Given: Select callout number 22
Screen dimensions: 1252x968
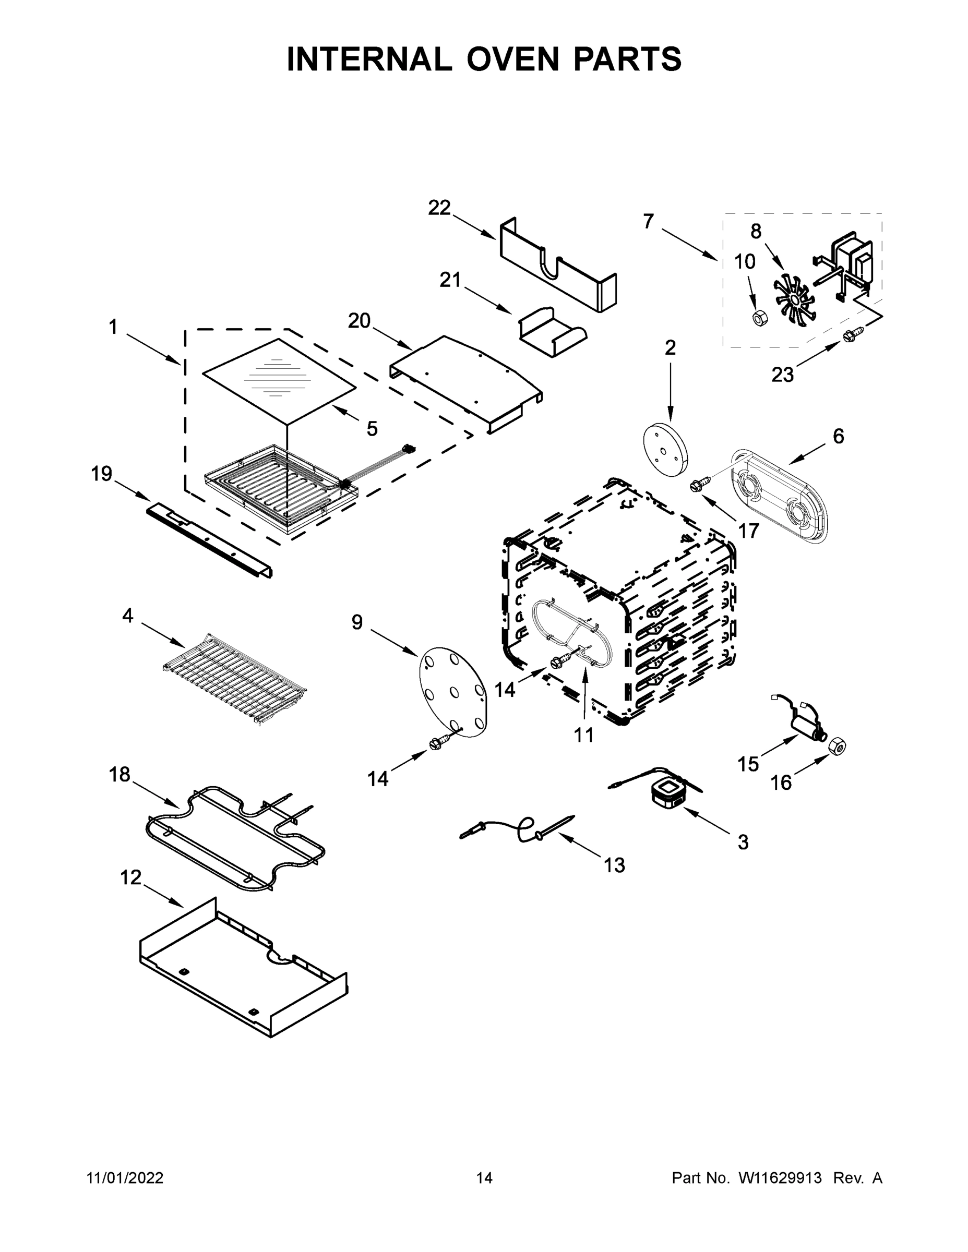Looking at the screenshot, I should coord(439,208).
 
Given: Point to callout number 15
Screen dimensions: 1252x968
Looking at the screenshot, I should coord(748,764).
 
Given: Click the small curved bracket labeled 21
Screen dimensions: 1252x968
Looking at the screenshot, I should coord(552,332).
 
